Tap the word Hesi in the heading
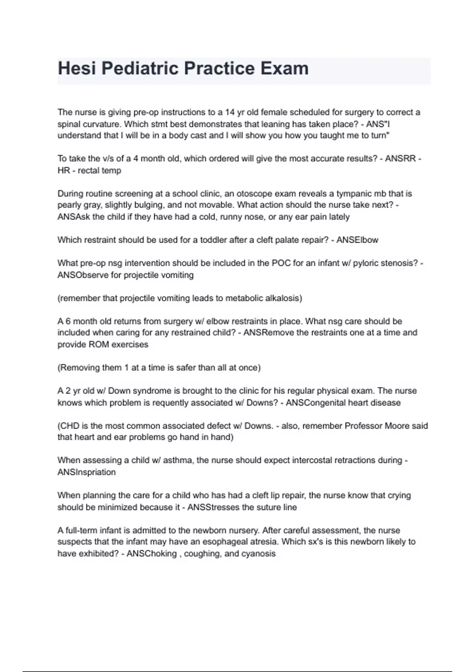tap(77, 68)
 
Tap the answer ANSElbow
tap(357, 240)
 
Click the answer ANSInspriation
tap(87, 472)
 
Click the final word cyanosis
tap(258, 554)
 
